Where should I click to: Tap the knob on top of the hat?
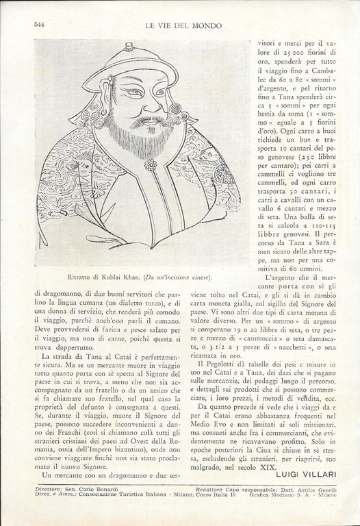point(129,46)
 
